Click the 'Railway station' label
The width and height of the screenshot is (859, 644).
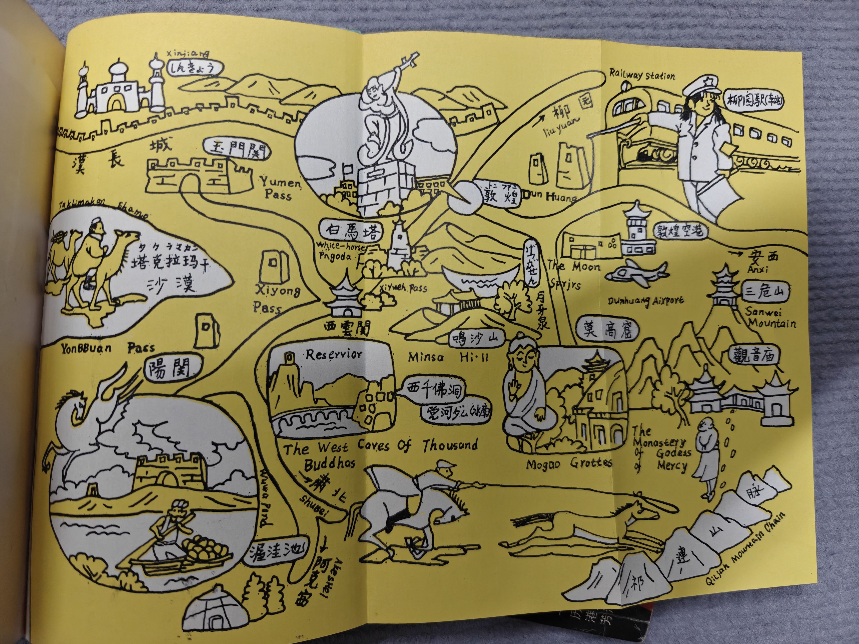click(x=642, y=75)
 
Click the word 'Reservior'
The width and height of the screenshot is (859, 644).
click(x=334, y=354)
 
